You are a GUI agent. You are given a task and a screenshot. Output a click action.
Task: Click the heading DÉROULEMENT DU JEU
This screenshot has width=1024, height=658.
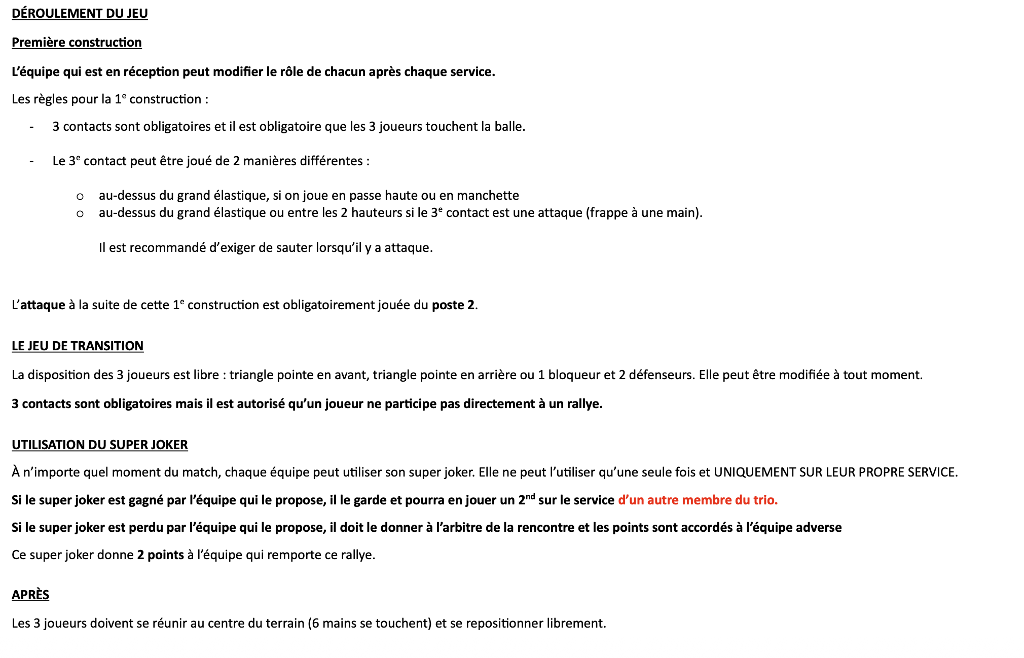(80, 13)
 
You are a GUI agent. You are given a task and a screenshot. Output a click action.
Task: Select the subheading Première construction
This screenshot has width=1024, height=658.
(77, 42)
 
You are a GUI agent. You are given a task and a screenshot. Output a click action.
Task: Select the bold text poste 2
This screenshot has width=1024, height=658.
(453, 305)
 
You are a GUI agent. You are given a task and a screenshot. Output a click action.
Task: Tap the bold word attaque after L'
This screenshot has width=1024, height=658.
(43, 305)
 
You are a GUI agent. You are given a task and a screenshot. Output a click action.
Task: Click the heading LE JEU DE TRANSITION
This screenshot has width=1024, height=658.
(78, 346)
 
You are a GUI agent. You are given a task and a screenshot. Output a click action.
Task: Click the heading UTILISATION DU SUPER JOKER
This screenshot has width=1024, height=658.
(99, 445)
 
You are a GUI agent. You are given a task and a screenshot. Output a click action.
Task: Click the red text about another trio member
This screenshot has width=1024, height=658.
(698, 500)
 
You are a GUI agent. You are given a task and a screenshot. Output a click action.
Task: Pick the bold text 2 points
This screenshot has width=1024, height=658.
(160, 555)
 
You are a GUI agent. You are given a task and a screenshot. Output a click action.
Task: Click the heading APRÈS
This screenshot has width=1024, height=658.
(30, 595)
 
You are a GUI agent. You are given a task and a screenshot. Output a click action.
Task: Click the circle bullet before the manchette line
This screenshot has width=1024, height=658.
(80, 196)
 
